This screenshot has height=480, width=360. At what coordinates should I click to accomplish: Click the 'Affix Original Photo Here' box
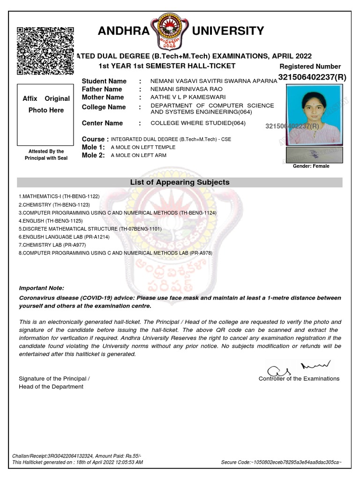[45, 114]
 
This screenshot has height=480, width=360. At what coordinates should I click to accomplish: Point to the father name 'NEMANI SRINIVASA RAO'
[187, 89]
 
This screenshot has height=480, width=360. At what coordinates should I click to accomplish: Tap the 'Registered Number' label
[310, 67]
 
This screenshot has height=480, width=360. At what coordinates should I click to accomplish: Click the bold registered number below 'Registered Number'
[312, 77]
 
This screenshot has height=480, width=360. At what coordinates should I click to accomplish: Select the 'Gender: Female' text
[311, 166]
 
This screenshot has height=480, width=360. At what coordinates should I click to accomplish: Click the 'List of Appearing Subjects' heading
[180, 182]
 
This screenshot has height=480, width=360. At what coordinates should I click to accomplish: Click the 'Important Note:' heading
[42, 288]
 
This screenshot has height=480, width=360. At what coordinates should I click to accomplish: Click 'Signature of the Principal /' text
[54, 379]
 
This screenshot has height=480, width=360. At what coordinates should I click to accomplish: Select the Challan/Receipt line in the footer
[76, 456]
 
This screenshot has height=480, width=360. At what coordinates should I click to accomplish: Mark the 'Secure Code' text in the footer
[281, 462]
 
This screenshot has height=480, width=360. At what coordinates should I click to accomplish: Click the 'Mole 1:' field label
[93, 147]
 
